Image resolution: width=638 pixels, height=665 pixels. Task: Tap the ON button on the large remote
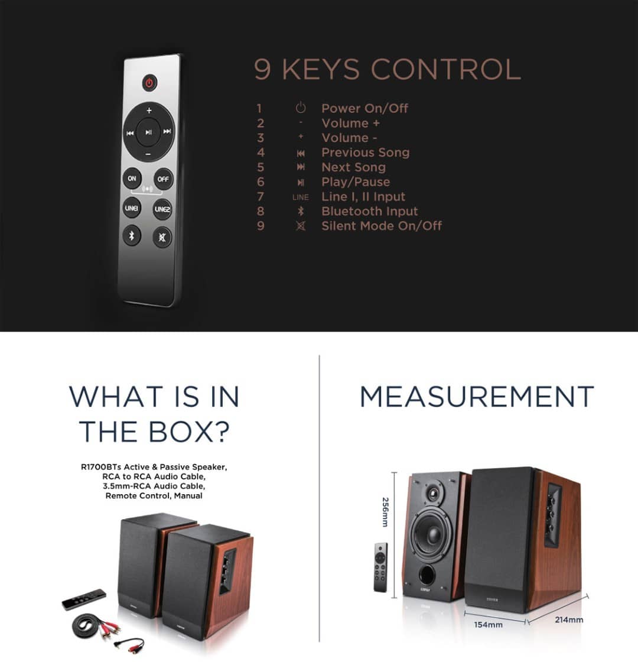point(132,178)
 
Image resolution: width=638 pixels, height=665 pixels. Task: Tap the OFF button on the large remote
point(163,179)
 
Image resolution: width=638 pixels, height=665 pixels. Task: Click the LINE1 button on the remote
point(132,208)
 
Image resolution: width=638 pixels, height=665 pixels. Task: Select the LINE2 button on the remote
point(162,209)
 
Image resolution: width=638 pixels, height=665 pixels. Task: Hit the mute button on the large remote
point(162,237)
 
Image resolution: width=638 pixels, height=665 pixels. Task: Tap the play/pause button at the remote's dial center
point(148,132)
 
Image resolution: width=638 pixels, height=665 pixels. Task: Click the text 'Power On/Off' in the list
point(364,109)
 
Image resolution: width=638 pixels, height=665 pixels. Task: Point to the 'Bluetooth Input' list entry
point(370,211)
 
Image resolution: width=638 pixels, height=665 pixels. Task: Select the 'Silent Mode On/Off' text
point(382,226)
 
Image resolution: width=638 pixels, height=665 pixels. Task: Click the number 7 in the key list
point(261,197)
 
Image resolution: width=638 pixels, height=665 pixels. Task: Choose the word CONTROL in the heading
point(446,69)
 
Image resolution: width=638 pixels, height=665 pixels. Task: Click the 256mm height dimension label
point(385,512)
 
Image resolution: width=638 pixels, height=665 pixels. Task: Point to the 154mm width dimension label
point(489,625)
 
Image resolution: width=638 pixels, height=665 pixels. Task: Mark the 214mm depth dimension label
point(569,620)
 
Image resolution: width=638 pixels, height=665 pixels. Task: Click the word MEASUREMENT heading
point(477,397)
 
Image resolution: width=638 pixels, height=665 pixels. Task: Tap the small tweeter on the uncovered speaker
point(433,493)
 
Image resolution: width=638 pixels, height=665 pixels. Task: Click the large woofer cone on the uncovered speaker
point(432,533)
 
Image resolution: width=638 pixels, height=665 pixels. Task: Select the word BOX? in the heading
point(189,432)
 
